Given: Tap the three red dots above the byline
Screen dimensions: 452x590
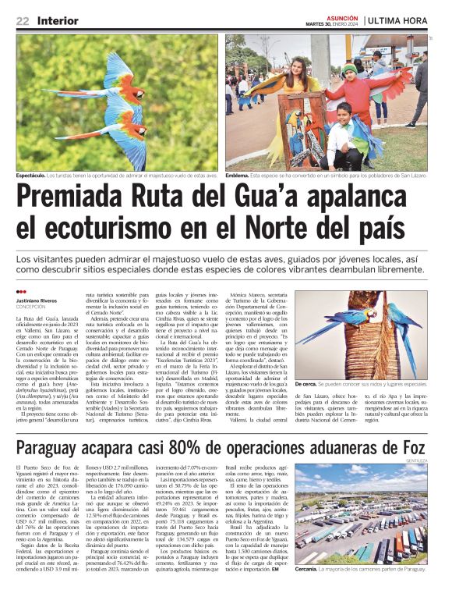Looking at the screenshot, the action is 20,292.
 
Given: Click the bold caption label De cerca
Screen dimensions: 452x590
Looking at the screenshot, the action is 305,385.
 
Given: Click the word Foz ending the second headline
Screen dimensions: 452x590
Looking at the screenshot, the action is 411,448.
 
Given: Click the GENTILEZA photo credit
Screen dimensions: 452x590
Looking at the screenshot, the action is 417,460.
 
